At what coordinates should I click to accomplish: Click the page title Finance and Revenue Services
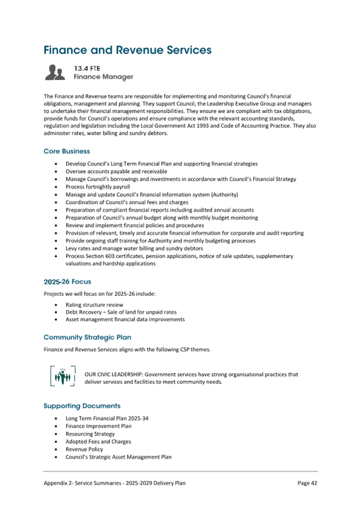[127, 50]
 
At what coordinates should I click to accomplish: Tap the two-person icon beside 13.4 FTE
[55, 72]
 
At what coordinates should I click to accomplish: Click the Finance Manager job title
[103, 77]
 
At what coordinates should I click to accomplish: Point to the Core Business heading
[67, 151]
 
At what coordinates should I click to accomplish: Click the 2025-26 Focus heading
[67, 281]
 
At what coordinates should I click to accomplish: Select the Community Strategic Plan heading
[87, 337]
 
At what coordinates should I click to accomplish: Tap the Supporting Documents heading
[82, 406]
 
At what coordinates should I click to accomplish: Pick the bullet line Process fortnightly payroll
[98, 187]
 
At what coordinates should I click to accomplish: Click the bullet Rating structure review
[94, 305]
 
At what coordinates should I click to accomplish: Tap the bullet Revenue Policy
[84, 449]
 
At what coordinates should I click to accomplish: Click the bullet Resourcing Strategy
[90, 434]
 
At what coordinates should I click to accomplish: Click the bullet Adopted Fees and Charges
[98, 441]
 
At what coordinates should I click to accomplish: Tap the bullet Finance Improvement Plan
[98, 426]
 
